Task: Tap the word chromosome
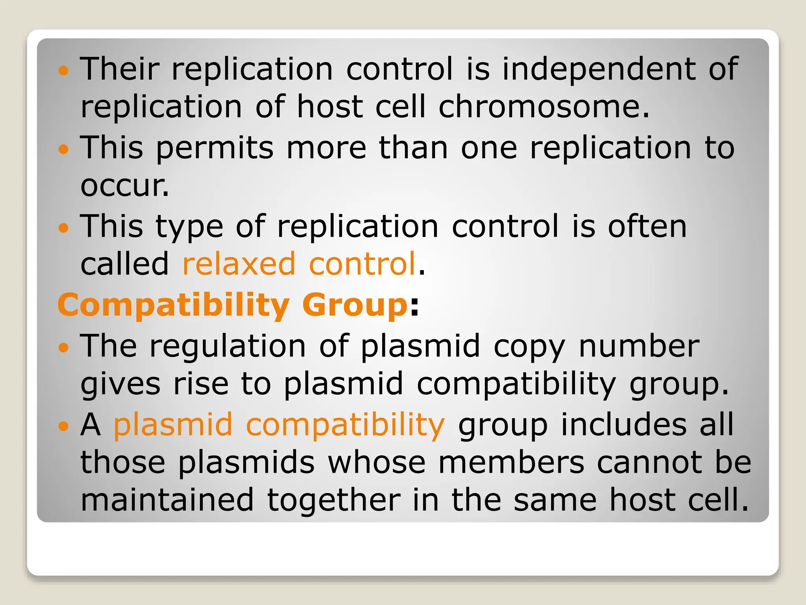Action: coord(543,107)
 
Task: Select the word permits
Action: coord(214,148)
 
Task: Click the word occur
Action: coord(124,186)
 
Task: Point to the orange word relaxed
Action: coord(238,264)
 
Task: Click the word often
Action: coord(647,226)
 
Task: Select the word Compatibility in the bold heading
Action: coord(174,306)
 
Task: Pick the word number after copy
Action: coord(639,346)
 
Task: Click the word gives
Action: coord(120,384)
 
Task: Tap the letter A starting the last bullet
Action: coord(91,425)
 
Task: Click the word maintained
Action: coord(167,500)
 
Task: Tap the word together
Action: coord(333,501)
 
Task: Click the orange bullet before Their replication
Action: coord(63,71)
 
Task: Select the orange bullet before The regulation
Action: coord(63,347)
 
